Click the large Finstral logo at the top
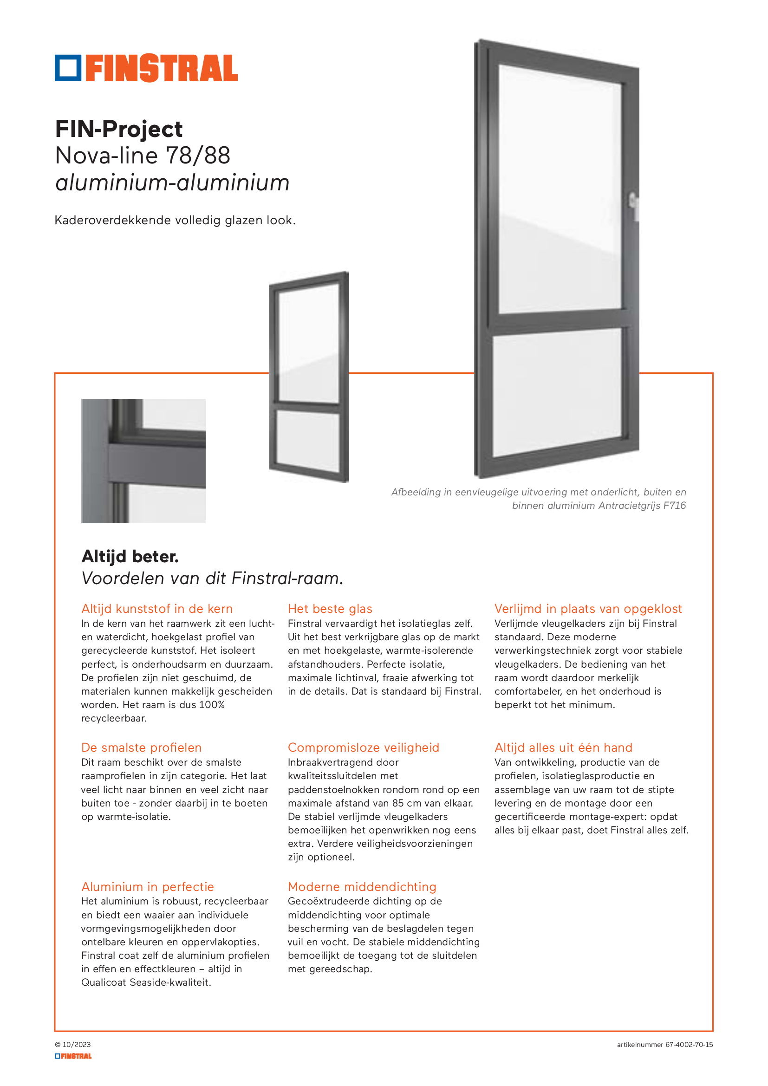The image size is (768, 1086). tap(146, 68)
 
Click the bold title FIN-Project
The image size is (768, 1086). tap(119, 129)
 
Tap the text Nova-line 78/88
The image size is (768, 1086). tap(143, 156)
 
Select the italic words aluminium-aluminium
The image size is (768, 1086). tap(172, 183)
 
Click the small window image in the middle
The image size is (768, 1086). tap(309, 377)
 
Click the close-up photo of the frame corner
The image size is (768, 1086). tap(143, 461)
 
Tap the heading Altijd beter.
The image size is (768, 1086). tap(130, 557)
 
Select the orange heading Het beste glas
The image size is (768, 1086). tap(330, 609)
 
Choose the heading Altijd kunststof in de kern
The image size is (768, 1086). tap(157, 609)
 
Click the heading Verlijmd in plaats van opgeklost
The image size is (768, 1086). tap(588, 609)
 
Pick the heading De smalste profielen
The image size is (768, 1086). tap(142, 748)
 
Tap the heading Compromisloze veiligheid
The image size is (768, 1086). tap(363, 748)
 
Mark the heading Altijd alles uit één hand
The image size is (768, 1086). tap(563, 748)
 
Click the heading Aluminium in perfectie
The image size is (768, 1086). tap(148, 887)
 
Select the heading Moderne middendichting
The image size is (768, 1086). tap(362, 887)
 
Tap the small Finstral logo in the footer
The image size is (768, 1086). tap(73, 1056)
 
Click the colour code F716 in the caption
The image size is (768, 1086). tap(674, 506)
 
